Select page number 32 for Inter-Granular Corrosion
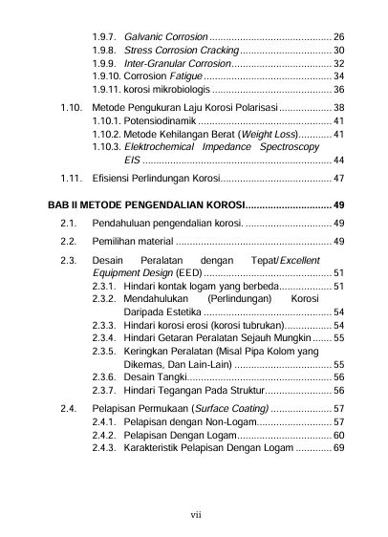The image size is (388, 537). [x=339, y=63]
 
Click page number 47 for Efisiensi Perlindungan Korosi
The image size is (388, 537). [x=339, y=179]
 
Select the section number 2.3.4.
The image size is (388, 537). [x=103, y=338]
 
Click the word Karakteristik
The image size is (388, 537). [x=158, y=447]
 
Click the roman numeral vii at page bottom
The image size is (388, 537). [x=195, y=514]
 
